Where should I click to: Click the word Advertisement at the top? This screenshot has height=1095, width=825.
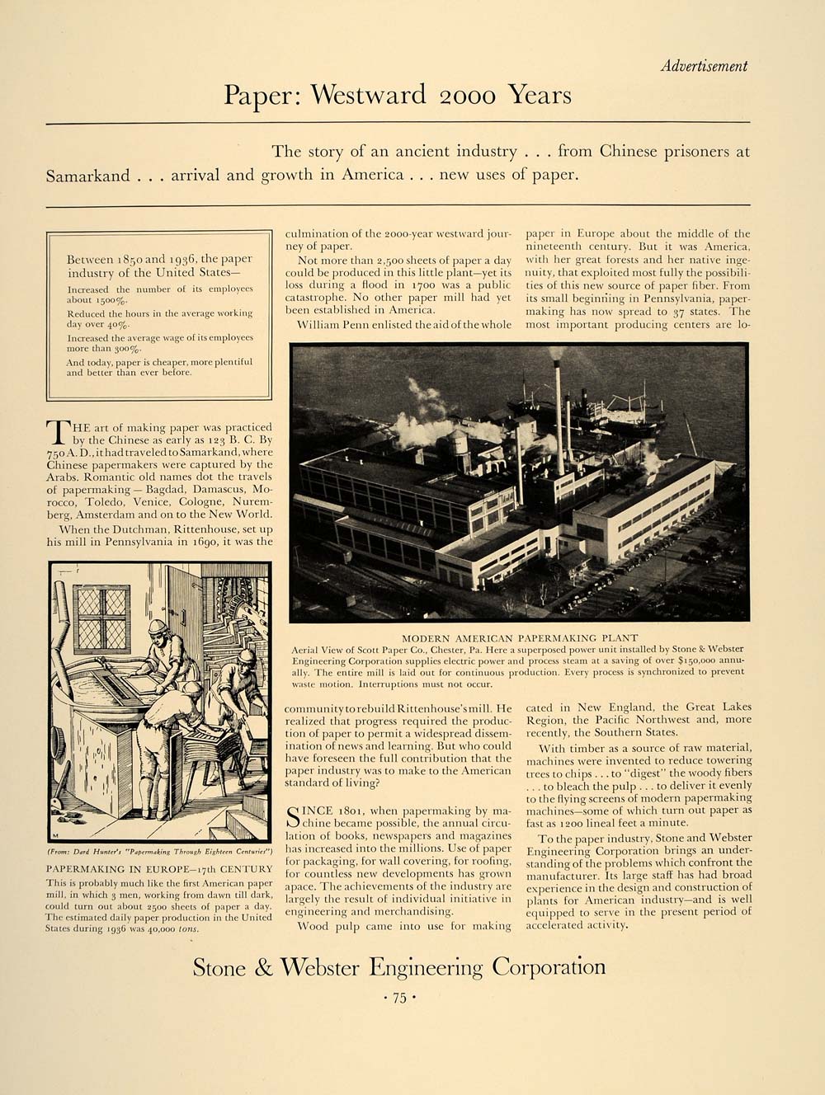704,66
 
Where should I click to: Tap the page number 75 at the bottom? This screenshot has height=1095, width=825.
399,998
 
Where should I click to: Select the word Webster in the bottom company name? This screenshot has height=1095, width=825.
325,967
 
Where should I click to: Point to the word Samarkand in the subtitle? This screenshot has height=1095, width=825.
88,175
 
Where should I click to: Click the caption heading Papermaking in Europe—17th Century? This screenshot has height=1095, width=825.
158,869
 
